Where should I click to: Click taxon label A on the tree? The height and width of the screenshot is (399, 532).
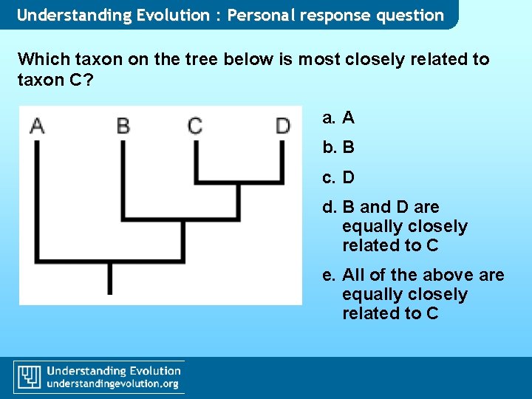37,126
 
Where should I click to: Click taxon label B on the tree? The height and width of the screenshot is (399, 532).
123,126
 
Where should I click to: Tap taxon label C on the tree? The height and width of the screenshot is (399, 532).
195,126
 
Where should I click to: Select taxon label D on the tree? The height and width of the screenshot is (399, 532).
282,126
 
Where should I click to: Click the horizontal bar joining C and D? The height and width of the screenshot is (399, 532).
238,180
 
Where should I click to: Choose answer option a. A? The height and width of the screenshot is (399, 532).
338,117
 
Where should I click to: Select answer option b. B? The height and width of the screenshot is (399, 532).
338,147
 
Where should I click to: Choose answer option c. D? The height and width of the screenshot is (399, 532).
338,177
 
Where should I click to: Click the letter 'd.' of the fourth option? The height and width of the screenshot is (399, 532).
329,207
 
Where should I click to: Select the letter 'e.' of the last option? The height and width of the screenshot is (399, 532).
329,275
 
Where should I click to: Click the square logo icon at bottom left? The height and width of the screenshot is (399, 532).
29,377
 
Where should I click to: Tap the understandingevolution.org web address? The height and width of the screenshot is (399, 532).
112,384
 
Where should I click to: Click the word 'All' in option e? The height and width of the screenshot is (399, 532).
353,275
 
